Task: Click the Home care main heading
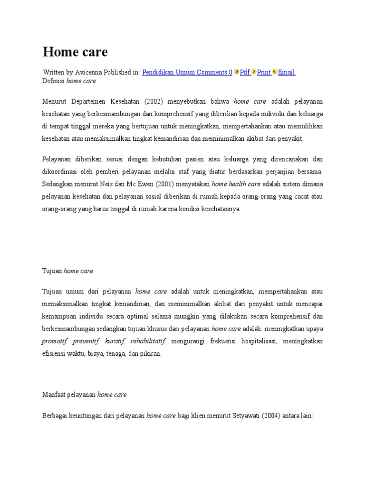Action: point(75,51)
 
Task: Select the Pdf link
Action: point(245,72)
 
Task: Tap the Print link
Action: point(264,72)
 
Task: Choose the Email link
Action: point(287,72)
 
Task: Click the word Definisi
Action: point(53,81)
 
